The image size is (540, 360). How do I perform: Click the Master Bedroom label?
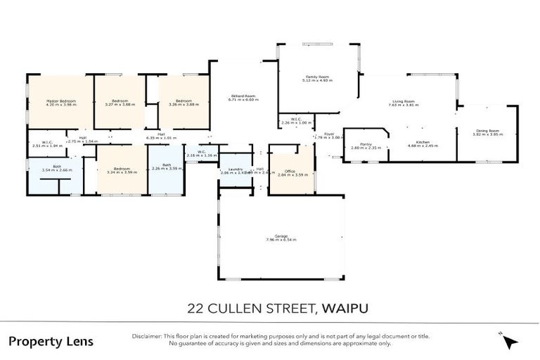point(60,101)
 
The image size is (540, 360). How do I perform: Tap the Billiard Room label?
point(243,96)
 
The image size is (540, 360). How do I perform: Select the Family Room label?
point(318,77)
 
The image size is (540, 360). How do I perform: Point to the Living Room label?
point(404,101)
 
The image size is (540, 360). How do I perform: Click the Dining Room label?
point(487,130)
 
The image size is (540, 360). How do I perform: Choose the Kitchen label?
point(423,142)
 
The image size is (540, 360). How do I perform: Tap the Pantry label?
point(366,143)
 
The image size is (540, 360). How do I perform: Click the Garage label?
point(281,236)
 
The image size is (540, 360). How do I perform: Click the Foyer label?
point(329,134)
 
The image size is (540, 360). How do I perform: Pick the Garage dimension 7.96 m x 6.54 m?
point(281,240)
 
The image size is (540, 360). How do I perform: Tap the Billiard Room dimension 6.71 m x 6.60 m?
point(243,100)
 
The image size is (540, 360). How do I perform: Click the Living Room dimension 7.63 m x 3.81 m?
point(404,105)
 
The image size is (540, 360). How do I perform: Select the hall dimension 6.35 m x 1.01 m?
point(161,138)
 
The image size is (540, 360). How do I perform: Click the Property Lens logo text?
point(51,342)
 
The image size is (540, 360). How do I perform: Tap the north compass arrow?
point(510,341)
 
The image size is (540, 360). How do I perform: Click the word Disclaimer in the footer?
point(146,336)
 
